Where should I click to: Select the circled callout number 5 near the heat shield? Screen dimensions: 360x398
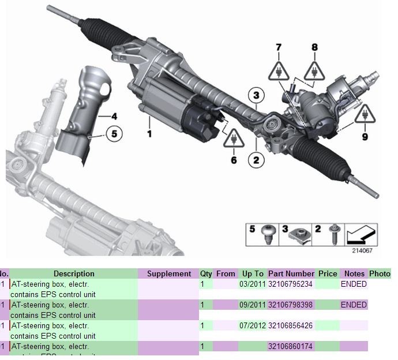click(114, 134)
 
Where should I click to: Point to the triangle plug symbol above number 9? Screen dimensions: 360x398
click(365, 115)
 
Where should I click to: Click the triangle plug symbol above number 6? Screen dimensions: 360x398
click(234, 138)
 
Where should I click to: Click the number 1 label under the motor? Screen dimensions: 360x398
click(149, 134)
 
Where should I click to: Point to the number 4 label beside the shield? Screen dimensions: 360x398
click(114, 115)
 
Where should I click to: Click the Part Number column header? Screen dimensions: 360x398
click(291, 273)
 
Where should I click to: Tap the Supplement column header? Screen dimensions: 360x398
click(168, 273)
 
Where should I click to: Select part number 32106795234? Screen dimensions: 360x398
click(291, 284)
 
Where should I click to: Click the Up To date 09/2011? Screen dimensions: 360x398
click(252, 305)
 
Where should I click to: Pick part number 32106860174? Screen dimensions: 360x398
click(291, 346)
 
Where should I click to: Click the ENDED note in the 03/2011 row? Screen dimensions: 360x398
click(354, 284)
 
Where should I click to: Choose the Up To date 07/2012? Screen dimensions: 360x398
click(252, 325)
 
